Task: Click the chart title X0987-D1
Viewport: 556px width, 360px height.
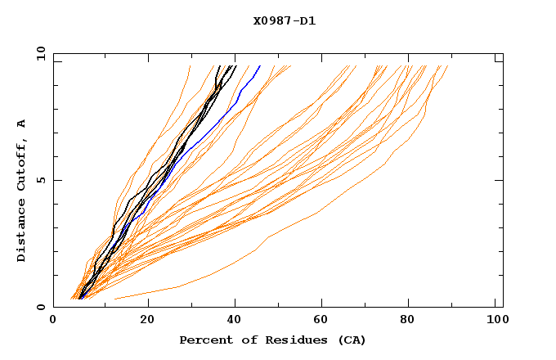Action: click(x=284, y=21)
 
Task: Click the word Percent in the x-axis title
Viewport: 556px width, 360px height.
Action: click(x=204, y=340)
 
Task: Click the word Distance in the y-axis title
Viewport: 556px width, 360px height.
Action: click(x=22, y=230)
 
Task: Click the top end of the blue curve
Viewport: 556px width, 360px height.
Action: click(x=260, y=65)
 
